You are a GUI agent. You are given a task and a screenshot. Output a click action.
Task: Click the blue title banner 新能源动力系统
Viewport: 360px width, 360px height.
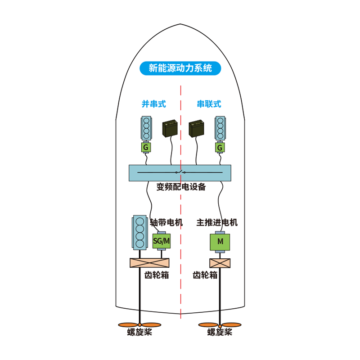pos(180,68)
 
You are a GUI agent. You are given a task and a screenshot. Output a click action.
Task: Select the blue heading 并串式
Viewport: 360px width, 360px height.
pos(153,104)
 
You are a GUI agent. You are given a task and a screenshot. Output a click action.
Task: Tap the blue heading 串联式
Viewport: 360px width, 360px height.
pos(209,104)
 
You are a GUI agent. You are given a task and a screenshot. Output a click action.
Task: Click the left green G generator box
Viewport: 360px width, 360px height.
pos(146,148)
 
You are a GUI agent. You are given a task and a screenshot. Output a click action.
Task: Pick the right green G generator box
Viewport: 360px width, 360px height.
pos(220,148)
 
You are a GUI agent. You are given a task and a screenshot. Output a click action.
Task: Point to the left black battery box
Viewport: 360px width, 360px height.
pos(170,128)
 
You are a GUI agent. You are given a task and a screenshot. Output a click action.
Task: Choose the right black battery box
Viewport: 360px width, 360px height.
pos(196,128)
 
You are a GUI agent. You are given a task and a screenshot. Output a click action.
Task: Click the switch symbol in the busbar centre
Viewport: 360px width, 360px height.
pos(180,172)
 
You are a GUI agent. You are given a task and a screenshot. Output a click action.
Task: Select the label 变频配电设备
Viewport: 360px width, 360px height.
pos(181,187)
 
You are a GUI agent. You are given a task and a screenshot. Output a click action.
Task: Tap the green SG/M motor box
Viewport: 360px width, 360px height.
pos(162,241)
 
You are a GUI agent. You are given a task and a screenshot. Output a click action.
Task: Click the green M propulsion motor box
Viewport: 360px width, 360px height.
pos(220,242)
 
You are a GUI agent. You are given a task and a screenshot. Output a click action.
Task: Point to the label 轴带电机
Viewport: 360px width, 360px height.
pos(166,222)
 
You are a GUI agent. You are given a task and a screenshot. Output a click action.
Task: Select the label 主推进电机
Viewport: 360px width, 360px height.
pos(217,222)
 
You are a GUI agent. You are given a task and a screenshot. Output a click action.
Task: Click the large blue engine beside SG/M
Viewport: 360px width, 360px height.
pos(139,232)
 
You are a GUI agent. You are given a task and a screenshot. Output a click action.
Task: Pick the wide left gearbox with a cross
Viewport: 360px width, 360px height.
pos(149,263)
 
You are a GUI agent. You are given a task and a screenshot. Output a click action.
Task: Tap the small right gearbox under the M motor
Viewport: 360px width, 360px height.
pos(220,263)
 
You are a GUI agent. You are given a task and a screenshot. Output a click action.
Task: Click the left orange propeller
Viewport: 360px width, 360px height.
pos(139,325)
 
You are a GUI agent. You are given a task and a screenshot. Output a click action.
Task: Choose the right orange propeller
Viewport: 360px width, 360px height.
pos(220,325)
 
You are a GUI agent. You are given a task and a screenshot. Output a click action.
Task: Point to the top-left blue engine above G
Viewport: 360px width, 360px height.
pos(146,128)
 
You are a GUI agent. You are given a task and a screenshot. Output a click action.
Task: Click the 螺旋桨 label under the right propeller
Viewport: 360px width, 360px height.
pos(220,332)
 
